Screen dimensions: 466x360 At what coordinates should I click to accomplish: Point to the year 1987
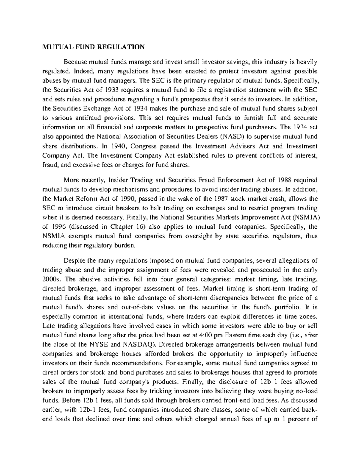(x=222, y=199)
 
